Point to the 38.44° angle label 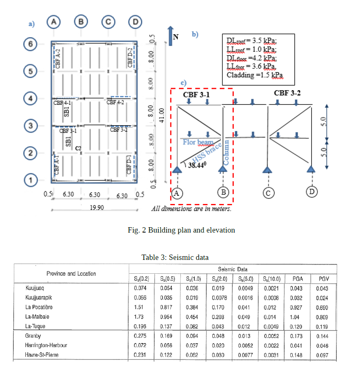point(197,165)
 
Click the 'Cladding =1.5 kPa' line point(254,75)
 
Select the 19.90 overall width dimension point(97,207)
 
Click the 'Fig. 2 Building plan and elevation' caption point(181,230)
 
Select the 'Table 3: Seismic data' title point(175,257)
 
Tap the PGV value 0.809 point(322,317)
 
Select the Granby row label point(33,336)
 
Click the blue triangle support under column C point(267,169)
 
